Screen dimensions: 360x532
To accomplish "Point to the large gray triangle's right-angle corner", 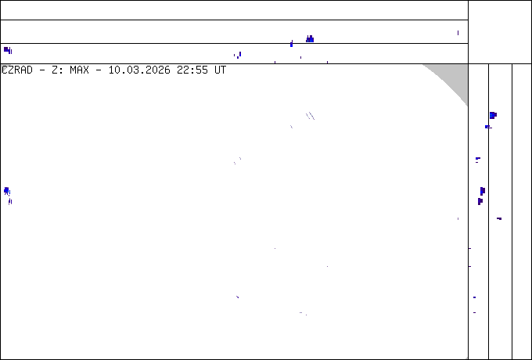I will [x=467, y=65].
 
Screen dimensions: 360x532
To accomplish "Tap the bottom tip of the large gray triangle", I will [x=467, y=105].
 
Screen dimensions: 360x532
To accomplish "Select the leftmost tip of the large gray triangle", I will [x=423, y=65].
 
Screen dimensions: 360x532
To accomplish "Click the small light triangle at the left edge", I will [x=4, y=68].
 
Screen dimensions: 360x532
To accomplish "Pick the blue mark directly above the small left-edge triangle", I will [x=8, y=51].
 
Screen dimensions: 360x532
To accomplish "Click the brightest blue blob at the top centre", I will [x=310, y=39].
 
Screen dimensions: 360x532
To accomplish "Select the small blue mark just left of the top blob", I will [x=292, y=45].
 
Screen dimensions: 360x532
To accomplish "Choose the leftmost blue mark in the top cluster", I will [x=239, y=56].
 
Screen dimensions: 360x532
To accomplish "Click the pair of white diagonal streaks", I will [x=310, y=116].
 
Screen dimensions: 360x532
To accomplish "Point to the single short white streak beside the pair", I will [x=291, y=126].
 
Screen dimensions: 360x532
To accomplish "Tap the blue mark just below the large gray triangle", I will [x=493, y=115].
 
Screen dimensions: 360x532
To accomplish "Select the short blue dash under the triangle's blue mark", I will [x=487, y=126].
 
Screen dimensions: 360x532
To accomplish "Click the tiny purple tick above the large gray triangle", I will [x=458, y=34].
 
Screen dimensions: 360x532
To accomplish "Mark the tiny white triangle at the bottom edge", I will [x=466, y=358].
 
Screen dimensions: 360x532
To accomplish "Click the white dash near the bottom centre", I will [x=301, y=313].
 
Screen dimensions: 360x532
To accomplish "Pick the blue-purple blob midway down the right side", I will [x=482, y=191].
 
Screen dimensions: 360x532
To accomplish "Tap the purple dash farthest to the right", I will [x=499, y=218].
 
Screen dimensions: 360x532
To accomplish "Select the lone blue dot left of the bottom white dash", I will [x=237, y=297].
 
